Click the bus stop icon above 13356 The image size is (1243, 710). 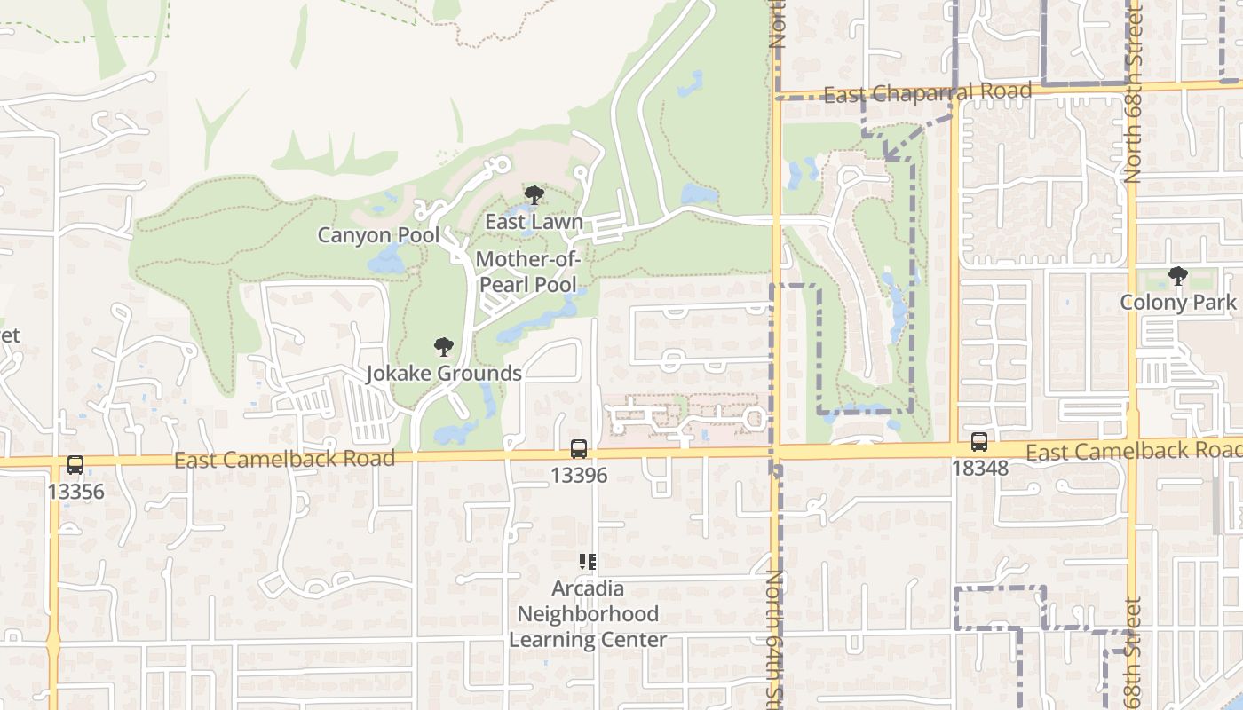[75, 465]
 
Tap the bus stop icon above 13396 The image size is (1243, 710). [579, 449]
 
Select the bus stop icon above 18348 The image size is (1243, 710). [979, 442]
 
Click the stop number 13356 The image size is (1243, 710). [75, 492]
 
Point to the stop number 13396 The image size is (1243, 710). [579, 476]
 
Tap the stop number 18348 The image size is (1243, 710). [979, 468]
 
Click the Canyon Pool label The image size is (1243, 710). [379, 235]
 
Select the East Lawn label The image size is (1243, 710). [534, 222]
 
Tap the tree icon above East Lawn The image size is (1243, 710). [534, 195]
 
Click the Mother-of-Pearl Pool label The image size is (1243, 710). [528, 272]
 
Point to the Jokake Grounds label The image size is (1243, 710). [444, 373]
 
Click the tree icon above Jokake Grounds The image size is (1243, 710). [444, 347]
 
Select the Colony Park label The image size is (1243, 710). [1178, 302]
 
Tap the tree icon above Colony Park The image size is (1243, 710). [1178, 276]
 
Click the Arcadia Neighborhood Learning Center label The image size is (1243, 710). [588, 614]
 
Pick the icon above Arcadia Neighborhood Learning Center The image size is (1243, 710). [588, 562]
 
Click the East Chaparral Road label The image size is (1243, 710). [928, 92]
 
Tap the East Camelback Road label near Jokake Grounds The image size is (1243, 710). [284, 459]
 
